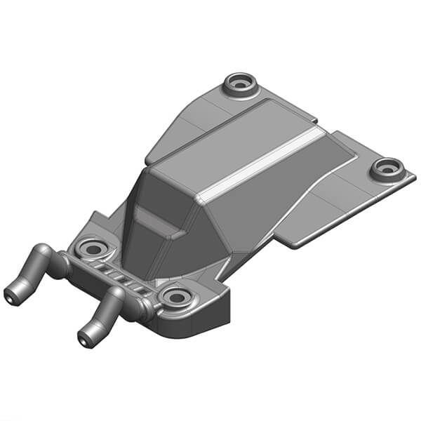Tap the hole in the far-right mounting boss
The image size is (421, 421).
(x=387, y=168)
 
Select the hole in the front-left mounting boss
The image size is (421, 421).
(x=92, y=248)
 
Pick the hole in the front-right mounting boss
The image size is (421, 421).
(x=173, y=298)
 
